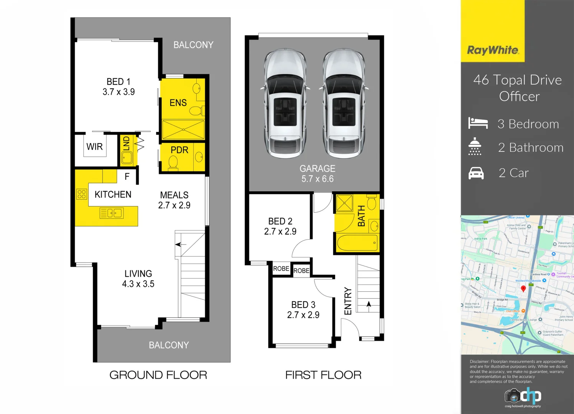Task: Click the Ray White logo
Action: [x=493, y=50]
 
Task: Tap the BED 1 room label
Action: [x=118, y=82]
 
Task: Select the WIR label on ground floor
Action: [x=94, y=147]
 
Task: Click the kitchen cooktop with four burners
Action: [x=82, y=194]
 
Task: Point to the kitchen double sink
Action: [x=112, y=213]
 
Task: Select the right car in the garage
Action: [x=344, y=103]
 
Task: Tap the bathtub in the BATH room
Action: [x=357, y=242]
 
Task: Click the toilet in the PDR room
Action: [x=173, y=163]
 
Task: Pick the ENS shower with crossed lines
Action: [x=183, y=130]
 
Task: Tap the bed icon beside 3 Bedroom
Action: [x=478, y=123]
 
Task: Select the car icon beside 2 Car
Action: [x=476, y=173]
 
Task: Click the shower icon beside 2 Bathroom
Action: [x=475, y=146]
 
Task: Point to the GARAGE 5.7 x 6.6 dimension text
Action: [x=317, y=179]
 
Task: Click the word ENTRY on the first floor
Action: [x=348, y=301]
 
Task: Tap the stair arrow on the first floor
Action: [x=368, y=304]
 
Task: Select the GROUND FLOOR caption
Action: [x=158, y=375]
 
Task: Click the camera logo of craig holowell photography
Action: [x=512, y=395]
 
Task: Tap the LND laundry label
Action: [x=127, y=145]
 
